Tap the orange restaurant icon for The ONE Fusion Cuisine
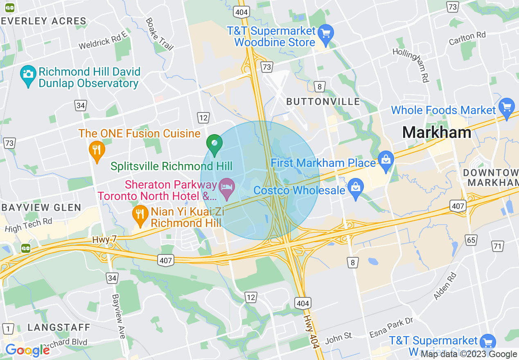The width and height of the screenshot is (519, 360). click(x=97, y=150)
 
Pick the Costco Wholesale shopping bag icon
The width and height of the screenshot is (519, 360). click(x=356, y=189)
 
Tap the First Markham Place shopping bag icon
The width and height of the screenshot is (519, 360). click(x=386, y=160)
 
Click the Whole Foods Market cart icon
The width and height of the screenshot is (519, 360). click(x=507, y=108)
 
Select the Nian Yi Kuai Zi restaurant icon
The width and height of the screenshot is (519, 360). click(x=140, y=214)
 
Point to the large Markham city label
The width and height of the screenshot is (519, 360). click(x=436, y=132)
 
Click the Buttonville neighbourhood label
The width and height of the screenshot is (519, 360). click(x=323, y=101)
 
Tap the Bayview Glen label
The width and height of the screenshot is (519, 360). click(x=41, y=207)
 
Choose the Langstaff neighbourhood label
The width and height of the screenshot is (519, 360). click(x=59, y=327)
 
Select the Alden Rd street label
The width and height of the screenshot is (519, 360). click(x=445, y=286)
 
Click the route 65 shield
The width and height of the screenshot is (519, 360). click(x=471, y=240)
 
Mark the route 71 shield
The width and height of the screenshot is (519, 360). click(x=498, y=246)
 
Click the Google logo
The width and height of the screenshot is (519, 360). click(x=27, y=350)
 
